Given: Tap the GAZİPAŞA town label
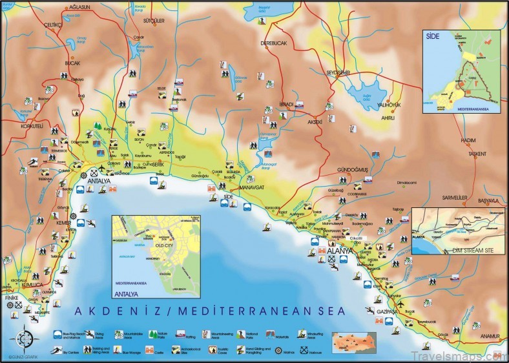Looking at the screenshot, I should click(x=387, y=311).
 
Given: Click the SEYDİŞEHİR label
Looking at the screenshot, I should click(x=342, y=72).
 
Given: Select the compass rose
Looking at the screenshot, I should click(x=26, y=338).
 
